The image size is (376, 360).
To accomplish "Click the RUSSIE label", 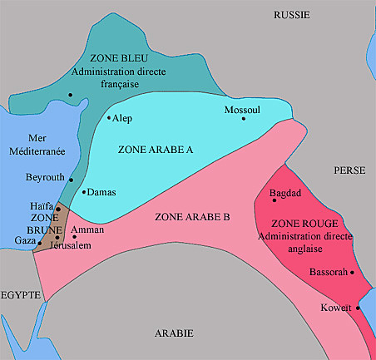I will [x=292, y=14].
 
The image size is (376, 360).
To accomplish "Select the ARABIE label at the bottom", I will [x=174, y=333].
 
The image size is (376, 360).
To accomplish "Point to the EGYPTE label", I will [x=21, y=294].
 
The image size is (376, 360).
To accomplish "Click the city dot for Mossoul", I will [x=244, y=118].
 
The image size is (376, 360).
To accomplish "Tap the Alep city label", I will [x=123, y=119].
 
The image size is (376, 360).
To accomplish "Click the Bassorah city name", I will [x=328, y=272].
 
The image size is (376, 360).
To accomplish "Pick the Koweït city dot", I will [x=359, y=308].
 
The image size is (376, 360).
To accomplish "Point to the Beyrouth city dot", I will [x=71, y=180].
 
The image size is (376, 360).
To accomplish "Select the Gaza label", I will [x=25, y=240].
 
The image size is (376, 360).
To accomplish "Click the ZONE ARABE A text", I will [x=156, y=150].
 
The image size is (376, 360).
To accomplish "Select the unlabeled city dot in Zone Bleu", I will [x=71, y=95].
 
